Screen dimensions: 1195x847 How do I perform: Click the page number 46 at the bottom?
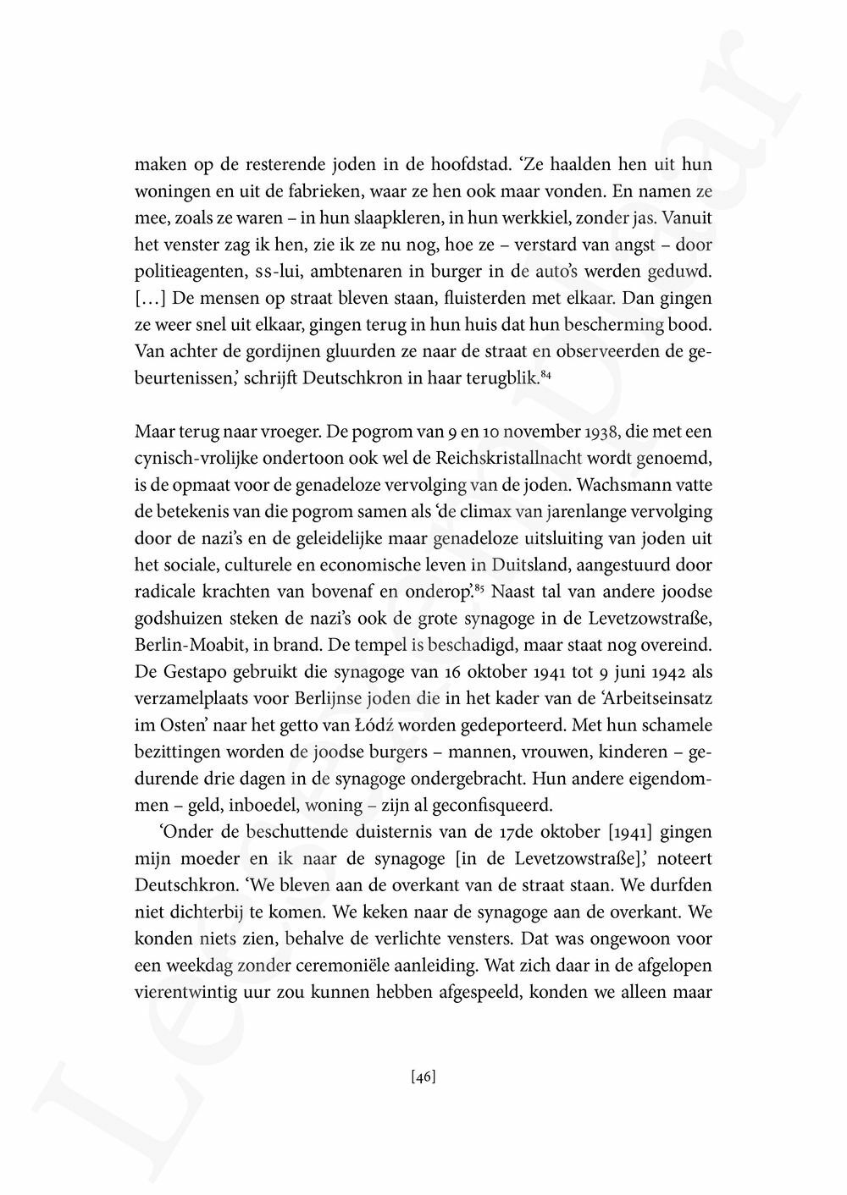tap(423, 1077)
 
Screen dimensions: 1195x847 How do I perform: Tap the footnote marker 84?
tap(546, 372)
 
